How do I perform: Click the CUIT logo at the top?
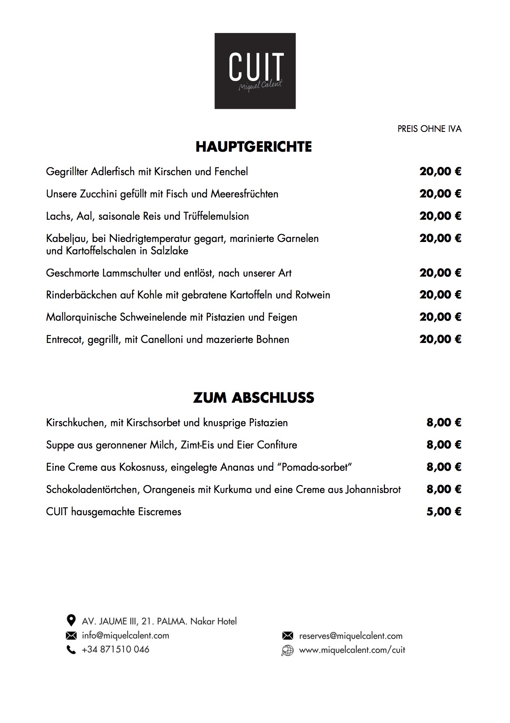pos(255,71)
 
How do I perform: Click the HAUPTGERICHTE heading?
pos(254,147)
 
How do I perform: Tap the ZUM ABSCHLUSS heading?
pos(254,398)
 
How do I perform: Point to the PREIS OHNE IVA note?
pos(429,129)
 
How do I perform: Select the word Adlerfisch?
pos(113,171)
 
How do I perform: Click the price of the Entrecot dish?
pos(440,339)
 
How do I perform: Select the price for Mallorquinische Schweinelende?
pos(440,317)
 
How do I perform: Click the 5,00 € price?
pos(444,512)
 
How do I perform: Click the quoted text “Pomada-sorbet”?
pos(315,467)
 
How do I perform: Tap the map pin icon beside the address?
pos(71,620)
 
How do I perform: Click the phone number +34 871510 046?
pos(116,650)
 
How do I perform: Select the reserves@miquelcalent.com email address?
pos(351,636)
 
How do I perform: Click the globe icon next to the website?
pos(287,650)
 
